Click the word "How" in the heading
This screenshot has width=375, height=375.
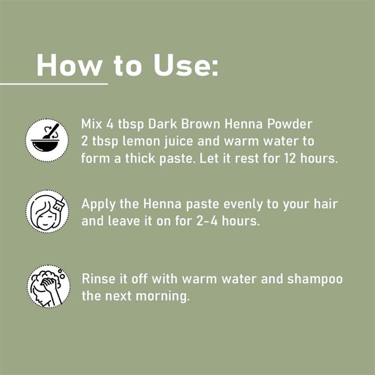pos(69,65)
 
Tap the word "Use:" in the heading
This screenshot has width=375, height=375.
pos(186,65)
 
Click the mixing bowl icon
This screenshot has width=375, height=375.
pos(47,140)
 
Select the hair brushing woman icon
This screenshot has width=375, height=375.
pos(47,211)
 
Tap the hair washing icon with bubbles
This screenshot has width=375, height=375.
pos(49,286)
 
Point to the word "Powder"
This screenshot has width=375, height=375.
pos(290,124)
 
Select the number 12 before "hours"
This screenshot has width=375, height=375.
pos(290,158)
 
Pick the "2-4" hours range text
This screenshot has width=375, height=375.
pos(207,221)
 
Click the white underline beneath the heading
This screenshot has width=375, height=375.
pos(54,84)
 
